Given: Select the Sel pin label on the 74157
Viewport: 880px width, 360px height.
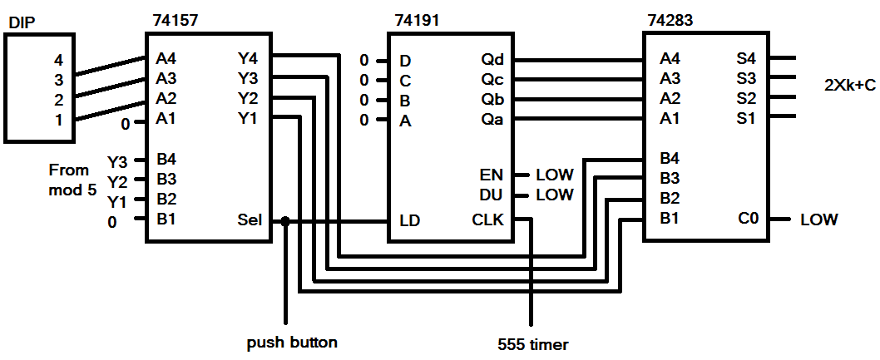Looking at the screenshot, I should coord(249,221).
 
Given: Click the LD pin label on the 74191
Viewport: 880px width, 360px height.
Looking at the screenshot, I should coord(408,221).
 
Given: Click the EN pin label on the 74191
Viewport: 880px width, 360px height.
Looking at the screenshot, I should coord(492,175).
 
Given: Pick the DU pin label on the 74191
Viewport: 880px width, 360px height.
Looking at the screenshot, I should coord(492,195).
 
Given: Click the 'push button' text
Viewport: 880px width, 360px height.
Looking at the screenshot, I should coord(293,342).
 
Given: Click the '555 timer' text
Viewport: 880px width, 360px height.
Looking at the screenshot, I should coord(533,342).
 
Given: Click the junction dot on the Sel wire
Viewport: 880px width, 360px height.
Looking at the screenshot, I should coord(285,222).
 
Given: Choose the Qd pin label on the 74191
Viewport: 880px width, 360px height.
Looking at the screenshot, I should coord(492,60).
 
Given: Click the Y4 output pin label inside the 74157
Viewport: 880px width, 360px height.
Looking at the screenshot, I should coord(248,59).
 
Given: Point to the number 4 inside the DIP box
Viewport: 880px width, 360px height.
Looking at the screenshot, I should coord(57,60).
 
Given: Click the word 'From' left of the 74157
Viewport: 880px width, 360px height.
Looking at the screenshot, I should coord(69,170).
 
